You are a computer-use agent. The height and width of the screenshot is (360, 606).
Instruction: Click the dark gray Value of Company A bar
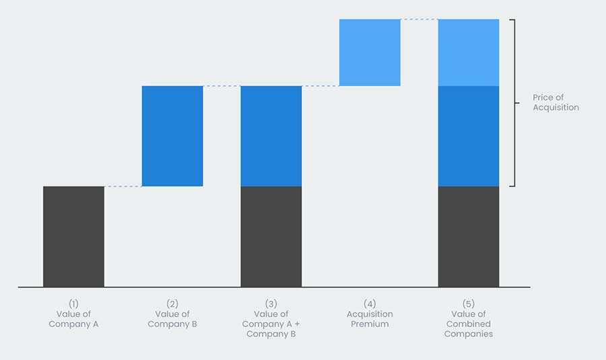[73, 236]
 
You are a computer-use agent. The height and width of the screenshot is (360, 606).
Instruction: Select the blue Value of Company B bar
[172, 136]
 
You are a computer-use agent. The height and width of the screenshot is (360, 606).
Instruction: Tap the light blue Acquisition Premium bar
[370, 52]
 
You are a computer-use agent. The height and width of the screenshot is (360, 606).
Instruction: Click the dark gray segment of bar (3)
[271, 236]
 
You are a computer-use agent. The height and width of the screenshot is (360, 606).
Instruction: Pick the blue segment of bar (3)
[271, 136]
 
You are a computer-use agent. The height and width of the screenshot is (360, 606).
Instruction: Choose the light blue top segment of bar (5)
[469, 52]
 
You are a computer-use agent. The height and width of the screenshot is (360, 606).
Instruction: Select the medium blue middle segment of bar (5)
[469, 136]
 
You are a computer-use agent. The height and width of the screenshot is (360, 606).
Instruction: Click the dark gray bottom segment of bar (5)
[469, 236]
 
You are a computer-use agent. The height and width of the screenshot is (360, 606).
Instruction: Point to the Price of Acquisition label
[555, 103]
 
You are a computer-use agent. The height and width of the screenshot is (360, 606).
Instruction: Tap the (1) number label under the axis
[73, 303]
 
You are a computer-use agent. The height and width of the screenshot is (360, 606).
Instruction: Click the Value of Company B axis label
[172, 319]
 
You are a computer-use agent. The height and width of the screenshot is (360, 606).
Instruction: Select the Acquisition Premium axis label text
[370, 319]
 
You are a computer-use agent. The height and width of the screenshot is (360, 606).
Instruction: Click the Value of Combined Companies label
[469, 324]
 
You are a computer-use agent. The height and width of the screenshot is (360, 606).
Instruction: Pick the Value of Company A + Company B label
[271, 324]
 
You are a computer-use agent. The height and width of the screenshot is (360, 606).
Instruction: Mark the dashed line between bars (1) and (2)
[123, 186]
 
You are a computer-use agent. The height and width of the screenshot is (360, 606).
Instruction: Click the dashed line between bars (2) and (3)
[222, 86]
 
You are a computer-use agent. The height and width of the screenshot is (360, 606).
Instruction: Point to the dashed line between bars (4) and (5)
[419, 20]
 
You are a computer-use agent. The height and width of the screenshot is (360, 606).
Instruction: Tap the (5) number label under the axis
[469, 303]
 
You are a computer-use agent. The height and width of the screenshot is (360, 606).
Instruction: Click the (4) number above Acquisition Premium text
[370, 303]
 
